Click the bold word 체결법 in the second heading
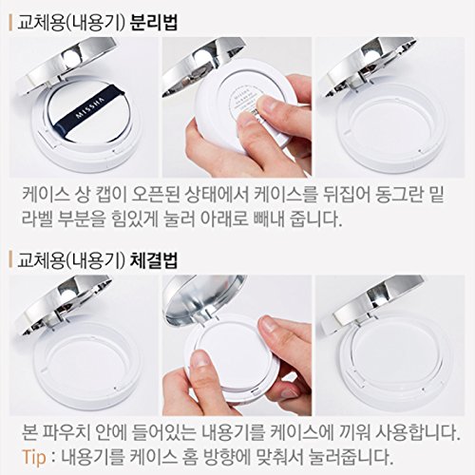coord(154,260)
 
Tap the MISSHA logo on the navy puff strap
coord(85,108)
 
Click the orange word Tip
coord(34,457)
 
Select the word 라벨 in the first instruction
coord(36,218)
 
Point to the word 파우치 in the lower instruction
coord(69,432)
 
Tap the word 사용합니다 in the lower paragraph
coord(418,432)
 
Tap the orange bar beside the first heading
coord(10,23)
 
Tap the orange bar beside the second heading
coord(10,260)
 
